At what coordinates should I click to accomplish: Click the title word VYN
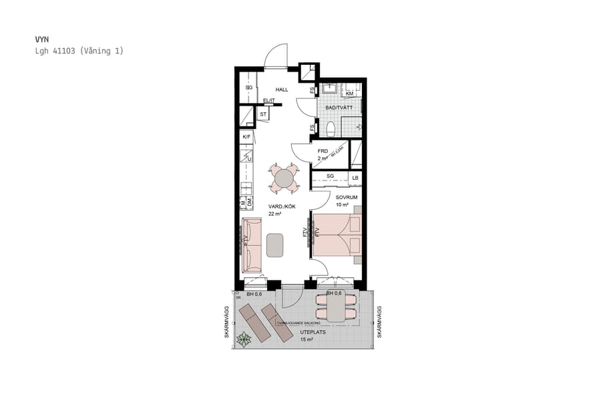coord(41,39)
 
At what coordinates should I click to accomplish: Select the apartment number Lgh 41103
coord(57,51)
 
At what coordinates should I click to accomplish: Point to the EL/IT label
coord(269,101)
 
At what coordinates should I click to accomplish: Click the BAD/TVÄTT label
coord(339,107)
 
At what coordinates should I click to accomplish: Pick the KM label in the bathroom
coord(349,94)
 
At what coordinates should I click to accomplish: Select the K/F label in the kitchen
coord(246,137)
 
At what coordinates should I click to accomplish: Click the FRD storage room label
coord(323,151)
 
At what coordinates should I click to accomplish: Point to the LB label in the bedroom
coord(355,177)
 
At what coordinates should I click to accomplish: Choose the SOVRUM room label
coord(346,197)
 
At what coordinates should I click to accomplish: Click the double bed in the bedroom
coord(337,235)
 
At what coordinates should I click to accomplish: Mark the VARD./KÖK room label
coord(282,207)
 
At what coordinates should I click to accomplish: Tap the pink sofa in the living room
coord(252,244)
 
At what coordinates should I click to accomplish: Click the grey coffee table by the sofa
coord(275,245)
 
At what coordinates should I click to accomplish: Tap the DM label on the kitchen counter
coord(250,202)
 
